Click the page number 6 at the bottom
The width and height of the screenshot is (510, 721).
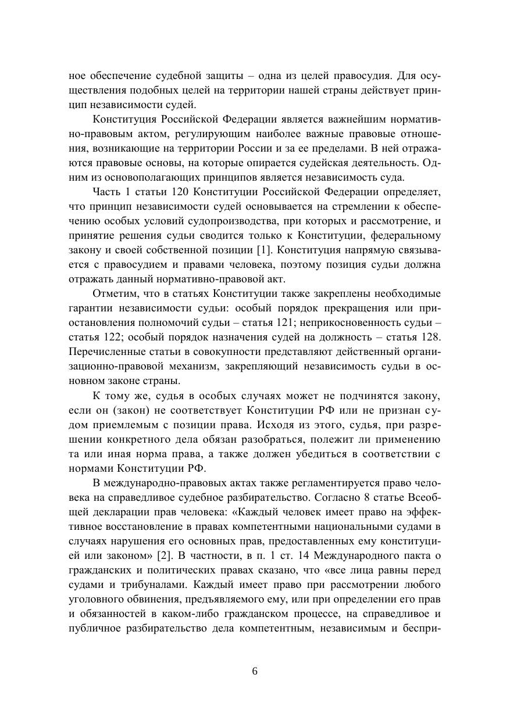pos(255,671)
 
